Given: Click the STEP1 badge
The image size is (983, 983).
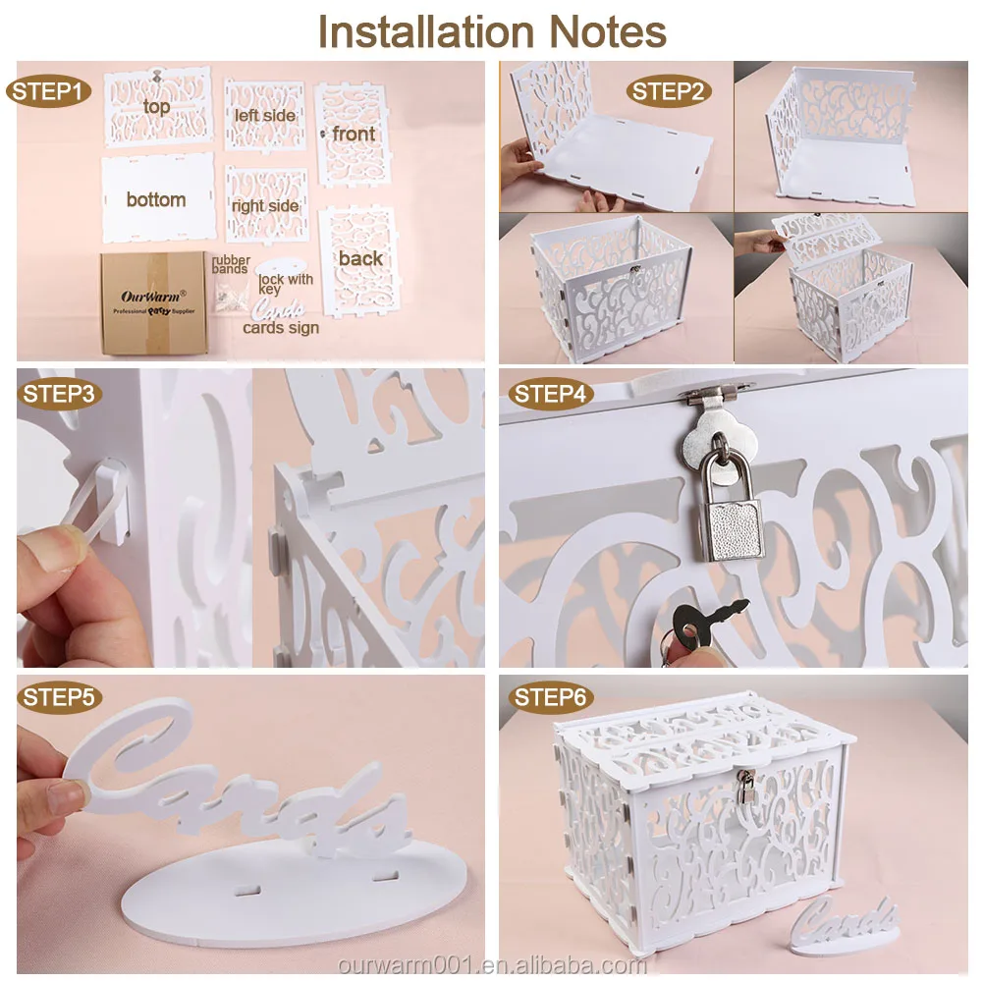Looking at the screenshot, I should (x=50, y=92).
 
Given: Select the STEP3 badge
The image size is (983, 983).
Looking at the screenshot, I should (x=59, y=395).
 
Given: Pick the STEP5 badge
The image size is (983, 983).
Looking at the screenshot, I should (x=59, y=698).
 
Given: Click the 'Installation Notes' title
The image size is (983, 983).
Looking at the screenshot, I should (x=492, y=31).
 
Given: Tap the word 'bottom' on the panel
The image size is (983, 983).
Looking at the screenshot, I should (x=156, y=199).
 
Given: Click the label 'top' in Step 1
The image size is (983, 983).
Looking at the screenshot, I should (x=156, y=106).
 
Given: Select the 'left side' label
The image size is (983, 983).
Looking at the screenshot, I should (x=265, y=115).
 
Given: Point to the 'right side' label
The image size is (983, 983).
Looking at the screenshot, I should (x=265, y=206).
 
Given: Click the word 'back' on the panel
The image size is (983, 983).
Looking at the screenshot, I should (x=360, y=258).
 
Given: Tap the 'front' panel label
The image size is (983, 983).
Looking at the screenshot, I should (x=354, y=134).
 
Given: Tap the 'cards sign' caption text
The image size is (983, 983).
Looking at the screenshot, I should (x=281, y=328).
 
